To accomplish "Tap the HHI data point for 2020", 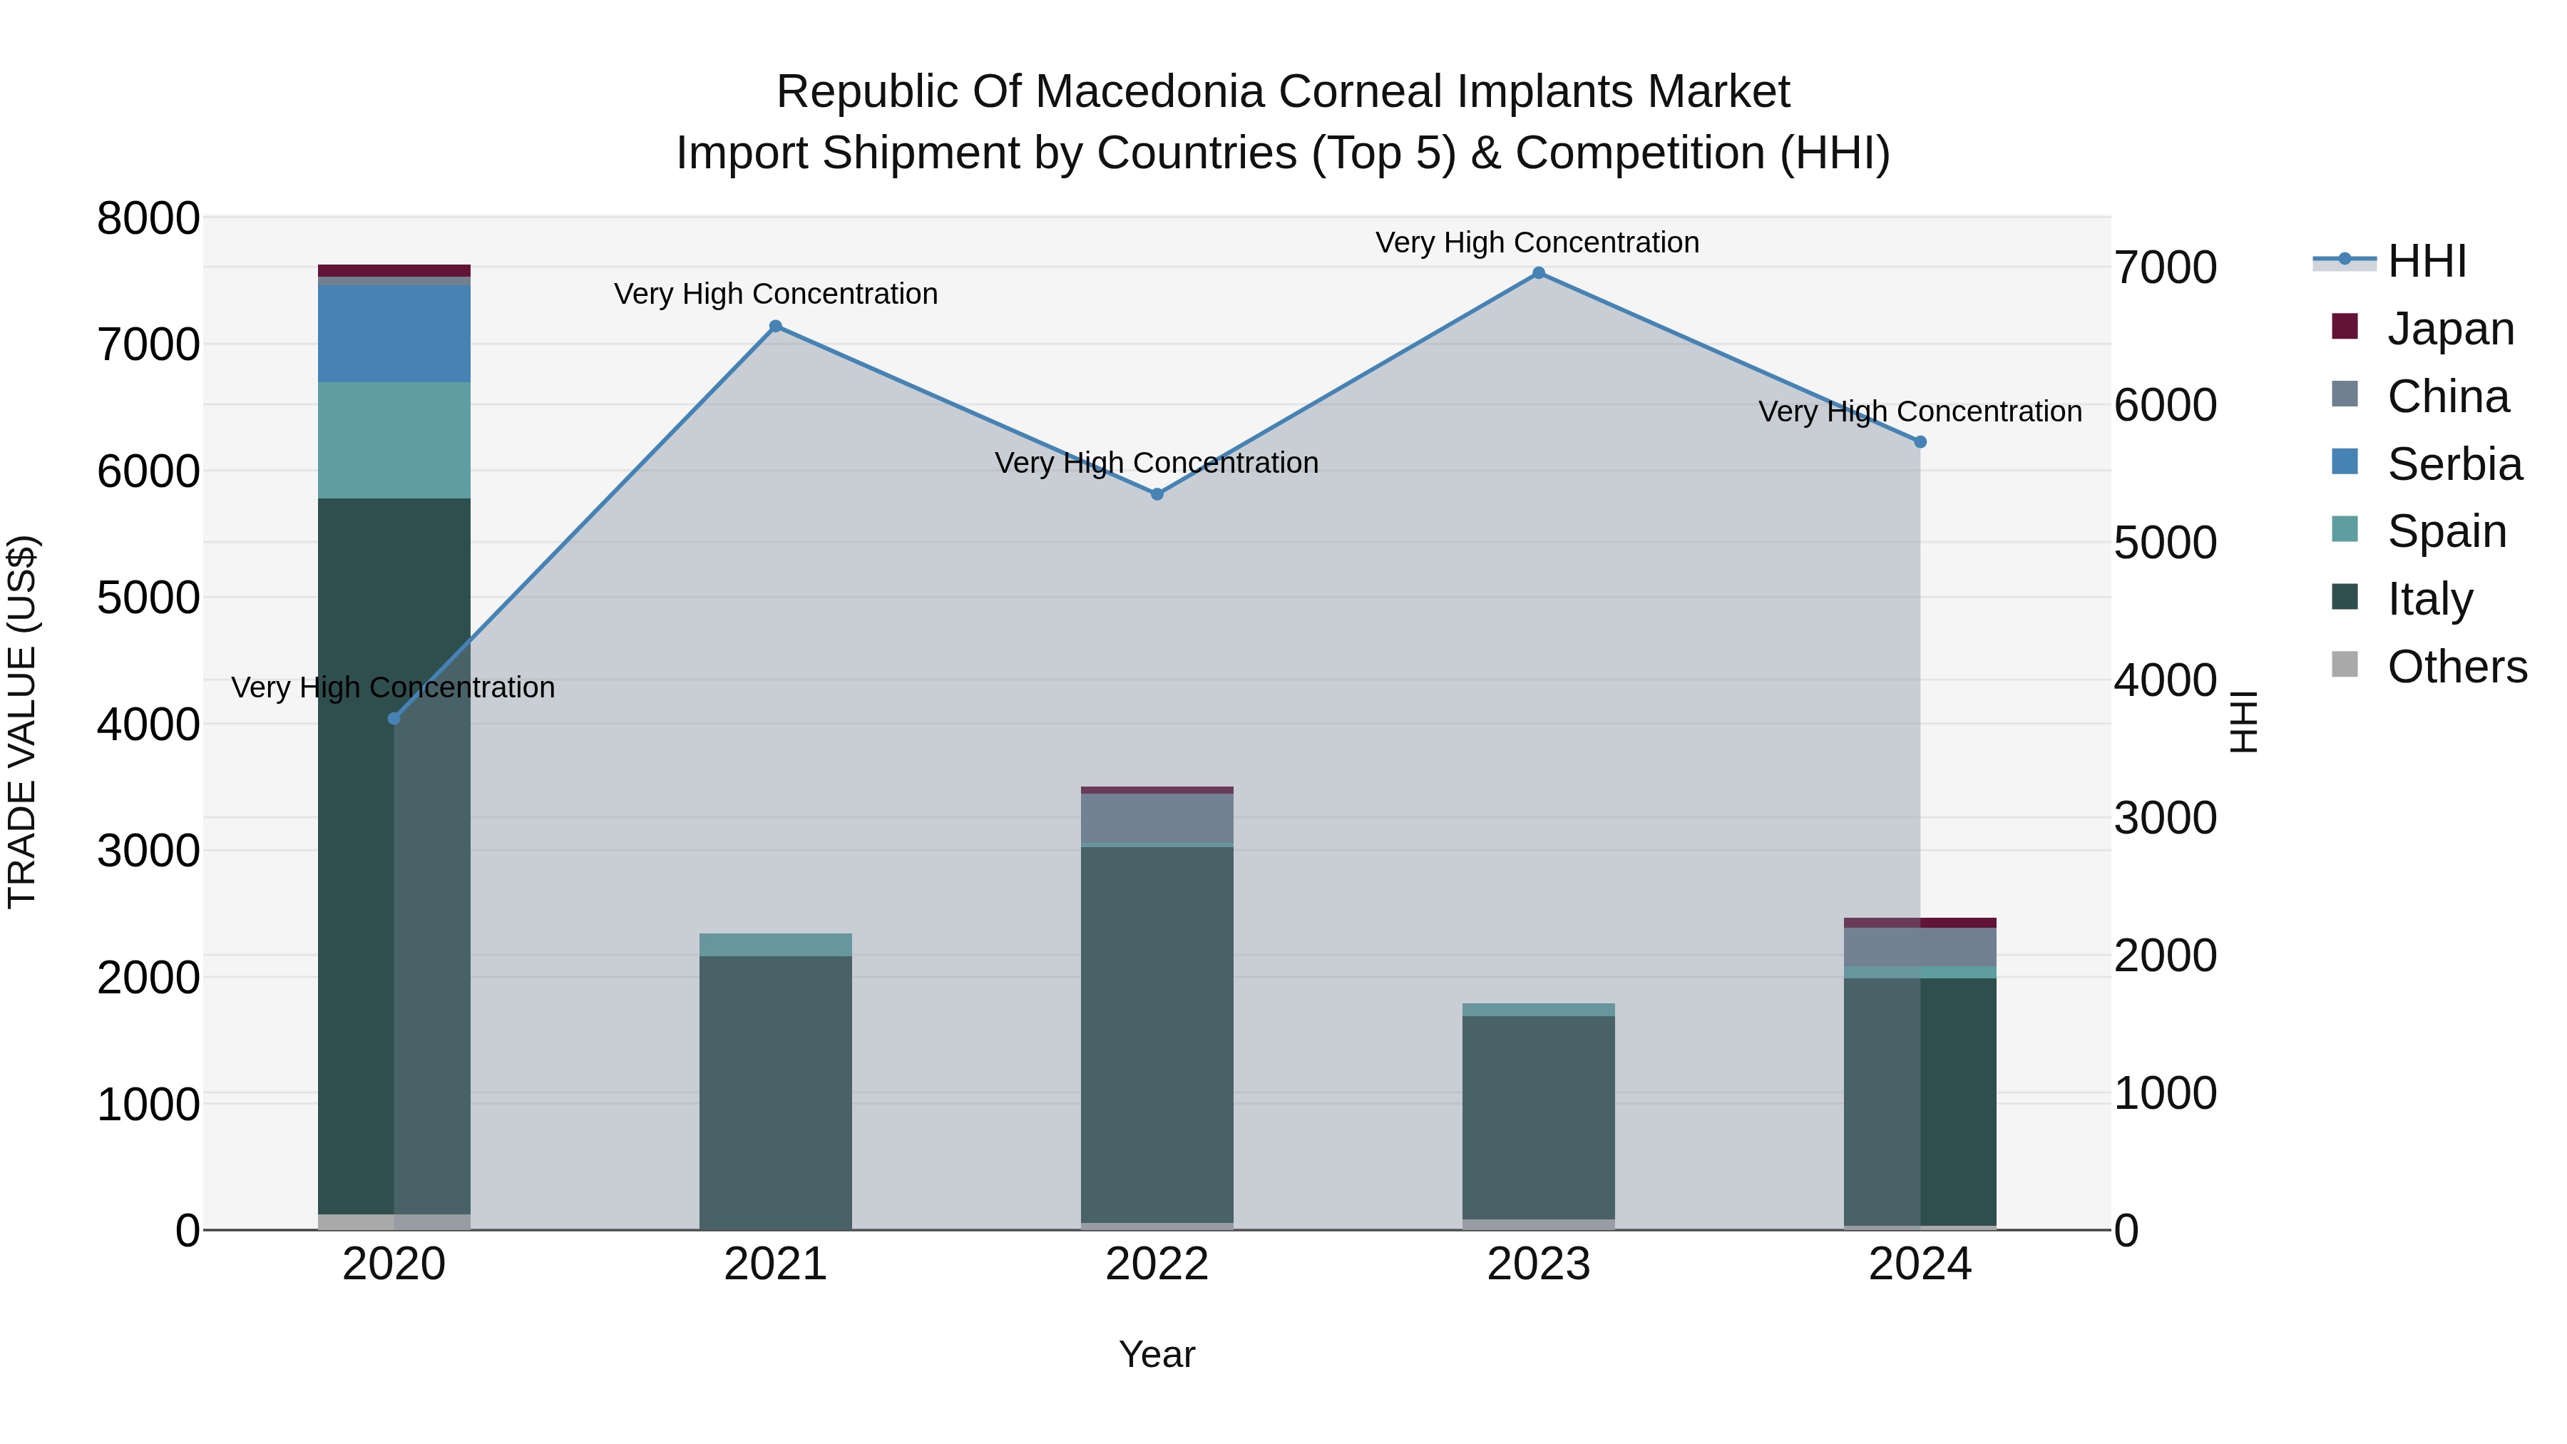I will pyautogui.click(x=394, y=719).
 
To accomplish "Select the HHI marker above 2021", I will pyautogui.click(x=775, y=326).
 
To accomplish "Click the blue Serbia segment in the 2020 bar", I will pyautogui.click(x=394, y=334).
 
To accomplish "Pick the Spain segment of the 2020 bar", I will pyautogui.click(x=394, y=441).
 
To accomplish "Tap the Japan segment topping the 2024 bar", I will pyautogui.click(x=1920, y=923).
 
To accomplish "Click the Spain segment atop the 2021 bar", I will pyautogui.click(x=775, y=945).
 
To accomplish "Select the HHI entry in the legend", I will pyautogui.click(x=2426, y=261).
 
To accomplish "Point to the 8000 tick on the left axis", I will pyautogui.click(x=148, y=219).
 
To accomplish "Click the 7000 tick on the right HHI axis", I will pyautogui.click(x=2164, y=268).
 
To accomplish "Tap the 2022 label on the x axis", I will pyautogui.click(x=1157, y=1264).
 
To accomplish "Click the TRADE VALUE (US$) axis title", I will pyautogui.click(x=22, y=722).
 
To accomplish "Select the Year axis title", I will pyautogui.click(x=1157, y=1354).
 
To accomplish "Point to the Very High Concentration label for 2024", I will pyautogui.click(x=1920, y=411).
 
